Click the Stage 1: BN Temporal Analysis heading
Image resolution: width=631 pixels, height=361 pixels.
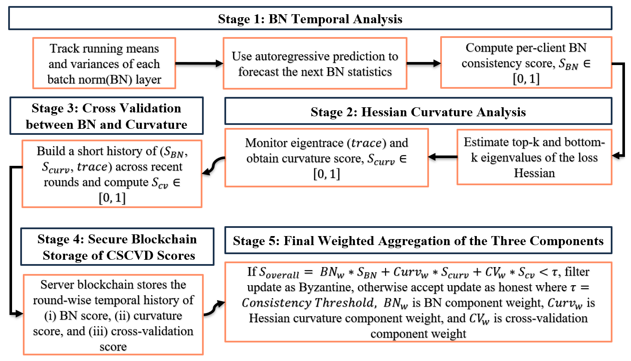(310, 19)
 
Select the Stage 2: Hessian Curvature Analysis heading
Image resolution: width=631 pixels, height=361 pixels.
(418, 112)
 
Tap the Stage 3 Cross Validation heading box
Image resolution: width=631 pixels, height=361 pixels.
(106, 116)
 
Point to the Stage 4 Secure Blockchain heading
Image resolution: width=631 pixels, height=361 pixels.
(117, 247)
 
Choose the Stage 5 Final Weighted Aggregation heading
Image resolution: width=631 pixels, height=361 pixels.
(418, 240)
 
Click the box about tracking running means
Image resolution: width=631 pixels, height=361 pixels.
(104, 63)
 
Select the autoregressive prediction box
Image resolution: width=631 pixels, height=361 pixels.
(315, 64)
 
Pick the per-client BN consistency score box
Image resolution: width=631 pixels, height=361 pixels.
(526, 62)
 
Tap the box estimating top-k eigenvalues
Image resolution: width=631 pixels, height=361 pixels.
(535, 157)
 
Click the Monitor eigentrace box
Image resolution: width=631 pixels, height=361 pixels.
(326, 158)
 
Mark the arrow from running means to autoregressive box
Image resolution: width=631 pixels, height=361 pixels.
(199, 63)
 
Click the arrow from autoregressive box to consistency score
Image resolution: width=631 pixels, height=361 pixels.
(424, 63)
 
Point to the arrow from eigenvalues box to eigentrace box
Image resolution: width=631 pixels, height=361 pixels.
(442, 157)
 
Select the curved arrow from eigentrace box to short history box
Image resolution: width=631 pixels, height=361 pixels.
(214, 166)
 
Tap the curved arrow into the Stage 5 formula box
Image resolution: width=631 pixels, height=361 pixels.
(214, 308)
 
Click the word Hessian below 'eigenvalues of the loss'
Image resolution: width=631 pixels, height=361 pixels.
(535, 173)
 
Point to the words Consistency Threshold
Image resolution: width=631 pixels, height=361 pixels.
(308, 303)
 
